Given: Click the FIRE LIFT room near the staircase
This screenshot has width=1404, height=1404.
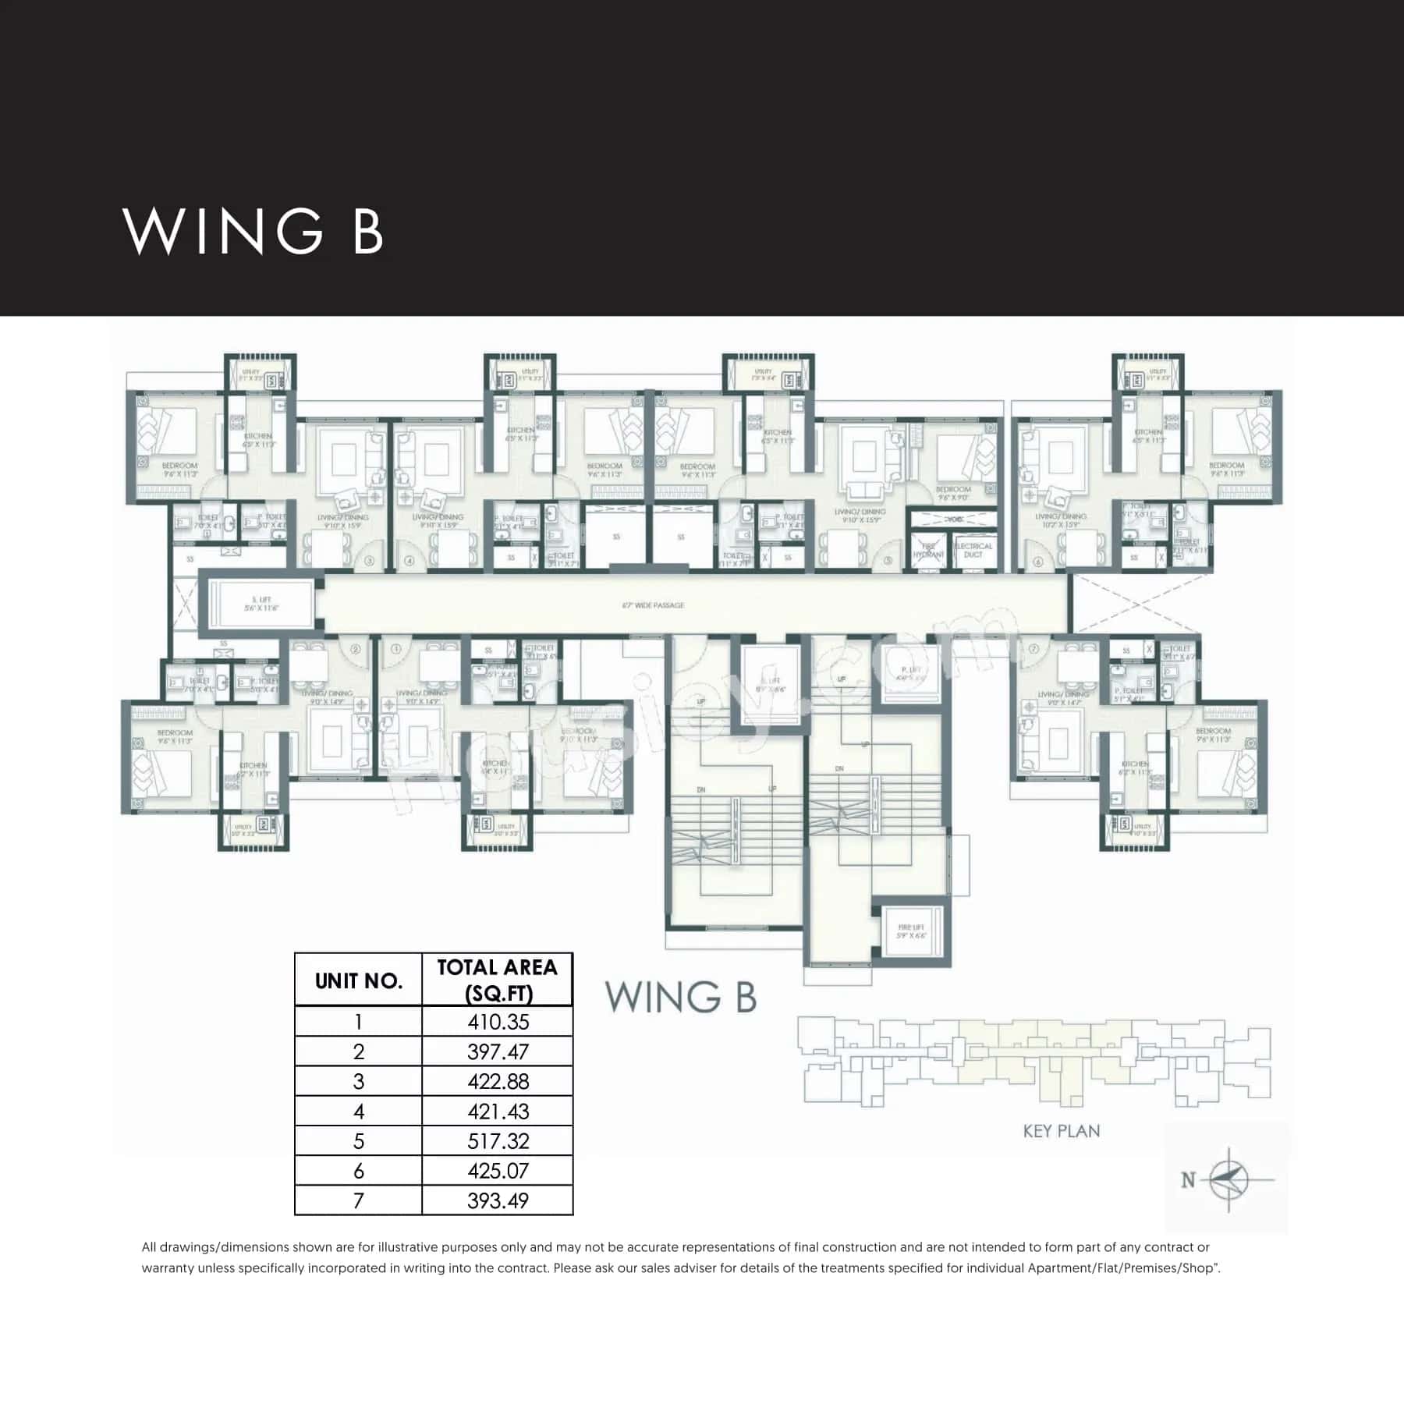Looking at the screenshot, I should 910,931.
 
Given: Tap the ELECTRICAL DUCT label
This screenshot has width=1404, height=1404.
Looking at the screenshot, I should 973,550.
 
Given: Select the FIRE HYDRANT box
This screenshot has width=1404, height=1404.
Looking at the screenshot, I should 928,551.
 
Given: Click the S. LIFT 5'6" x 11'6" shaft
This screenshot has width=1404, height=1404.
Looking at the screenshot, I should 261,604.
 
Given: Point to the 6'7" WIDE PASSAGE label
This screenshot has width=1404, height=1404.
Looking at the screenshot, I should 653,605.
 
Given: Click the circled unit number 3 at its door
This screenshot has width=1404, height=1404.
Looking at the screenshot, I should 369,560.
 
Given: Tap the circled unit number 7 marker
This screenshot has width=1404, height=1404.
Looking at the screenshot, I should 1034,648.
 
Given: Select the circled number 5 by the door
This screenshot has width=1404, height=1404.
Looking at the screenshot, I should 887,560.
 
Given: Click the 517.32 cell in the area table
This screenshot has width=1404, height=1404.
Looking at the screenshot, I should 498,1141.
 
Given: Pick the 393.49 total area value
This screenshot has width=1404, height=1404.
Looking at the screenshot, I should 498,1200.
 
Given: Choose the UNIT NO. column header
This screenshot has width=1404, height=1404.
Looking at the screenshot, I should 358,980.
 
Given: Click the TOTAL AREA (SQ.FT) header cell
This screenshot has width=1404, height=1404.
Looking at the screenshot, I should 497,980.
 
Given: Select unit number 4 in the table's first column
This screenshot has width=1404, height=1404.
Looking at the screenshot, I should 358,1111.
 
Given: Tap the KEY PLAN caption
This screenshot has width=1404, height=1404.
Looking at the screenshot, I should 1061,1131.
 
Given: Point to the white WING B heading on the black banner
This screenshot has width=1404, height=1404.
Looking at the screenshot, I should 253,231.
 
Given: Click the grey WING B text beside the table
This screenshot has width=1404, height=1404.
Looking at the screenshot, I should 680,997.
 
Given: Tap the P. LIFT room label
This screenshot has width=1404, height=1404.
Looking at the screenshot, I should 910,673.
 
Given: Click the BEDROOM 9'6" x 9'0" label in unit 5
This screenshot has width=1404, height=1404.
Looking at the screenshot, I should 952,493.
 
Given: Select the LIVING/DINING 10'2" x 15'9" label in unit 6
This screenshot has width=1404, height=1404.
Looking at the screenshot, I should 1060,520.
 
